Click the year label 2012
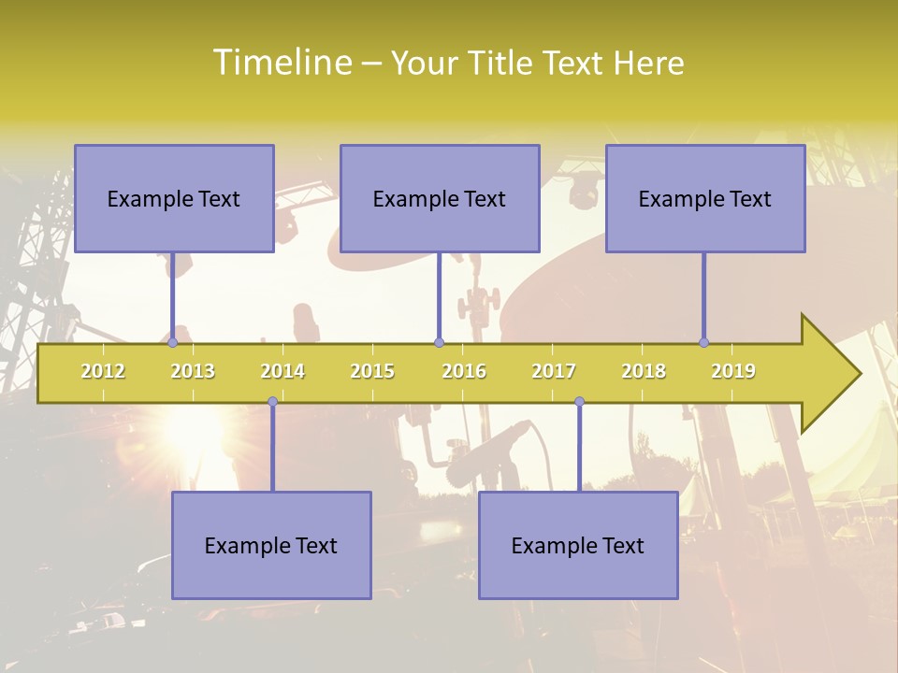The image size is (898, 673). pyautogui.click(x=103, y=371)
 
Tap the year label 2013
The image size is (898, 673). pyautogui.click(x=193, y=371)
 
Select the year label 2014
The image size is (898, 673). pyautogui.click(x=282, y=371)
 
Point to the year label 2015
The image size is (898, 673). pyautogui.click(x=372, y=371)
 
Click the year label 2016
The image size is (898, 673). pyautogui.click(x=464, y=371)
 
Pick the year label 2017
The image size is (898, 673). pyautogui.click(x=554, y=371)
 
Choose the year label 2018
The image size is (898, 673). pyautogui.click(x=644, y=371)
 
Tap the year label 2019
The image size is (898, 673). pyautogui.click(x=733, y=371)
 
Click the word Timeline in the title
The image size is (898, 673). pyautogui.click(x=282, y=63)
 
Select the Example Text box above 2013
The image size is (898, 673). pyautogui.click(x=174, y=198)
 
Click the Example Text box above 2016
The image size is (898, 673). pyautogui.click(x=440, y=198)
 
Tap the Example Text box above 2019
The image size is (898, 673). pyautogui.click(x=705, y=198)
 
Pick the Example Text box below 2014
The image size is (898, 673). pyautogui.click(x=271, y=545)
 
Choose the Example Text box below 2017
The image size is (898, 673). pyautogui.click(x=578, y=545)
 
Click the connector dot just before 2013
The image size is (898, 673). pyautogui.click(x=172, y=342)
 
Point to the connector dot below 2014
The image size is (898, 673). pyautogui.click(x=272, y=402)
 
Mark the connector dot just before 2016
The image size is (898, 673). pyautogui.click(x=439, y=342)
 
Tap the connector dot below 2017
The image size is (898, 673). pyautogui.click(x=579, y=402)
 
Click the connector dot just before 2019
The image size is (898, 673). pyautogui.click(x=703, y=342)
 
